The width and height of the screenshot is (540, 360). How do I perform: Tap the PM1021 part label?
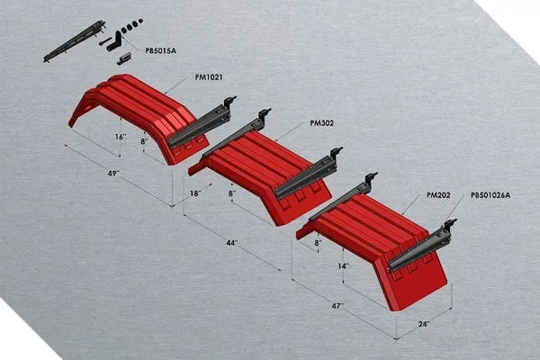click(x=209, y=78)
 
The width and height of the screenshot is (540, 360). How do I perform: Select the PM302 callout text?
click(x=321, y=123)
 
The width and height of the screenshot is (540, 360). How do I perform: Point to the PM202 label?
click(x=438, y=194)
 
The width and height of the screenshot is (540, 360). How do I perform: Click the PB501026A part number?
click(x=490, y=195)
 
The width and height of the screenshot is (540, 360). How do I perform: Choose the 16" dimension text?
click(x=120, y=136)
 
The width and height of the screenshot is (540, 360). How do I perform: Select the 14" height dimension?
click(x=344, y=266)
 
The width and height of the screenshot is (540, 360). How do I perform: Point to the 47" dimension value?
click(x=336, y=307)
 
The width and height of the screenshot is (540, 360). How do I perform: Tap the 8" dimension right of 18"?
click(x=231, y=193)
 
